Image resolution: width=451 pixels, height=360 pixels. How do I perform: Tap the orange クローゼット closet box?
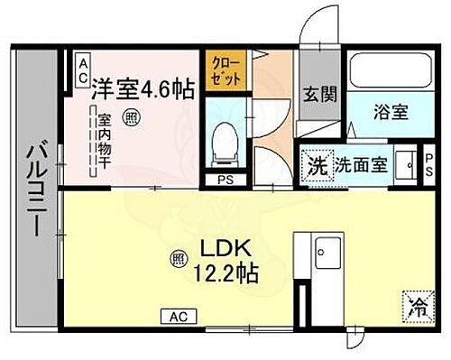pos(226,70)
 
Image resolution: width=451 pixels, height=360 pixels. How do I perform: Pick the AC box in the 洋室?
pos(82,64)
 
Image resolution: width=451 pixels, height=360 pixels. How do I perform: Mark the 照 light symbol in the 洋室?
pos(133,116)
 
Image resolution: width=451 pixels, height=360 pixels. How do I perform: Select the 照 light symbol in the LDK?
pos(177,261)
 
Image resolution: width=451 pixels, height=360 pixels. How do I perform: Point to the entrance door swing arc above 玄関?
pos(317,32)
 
